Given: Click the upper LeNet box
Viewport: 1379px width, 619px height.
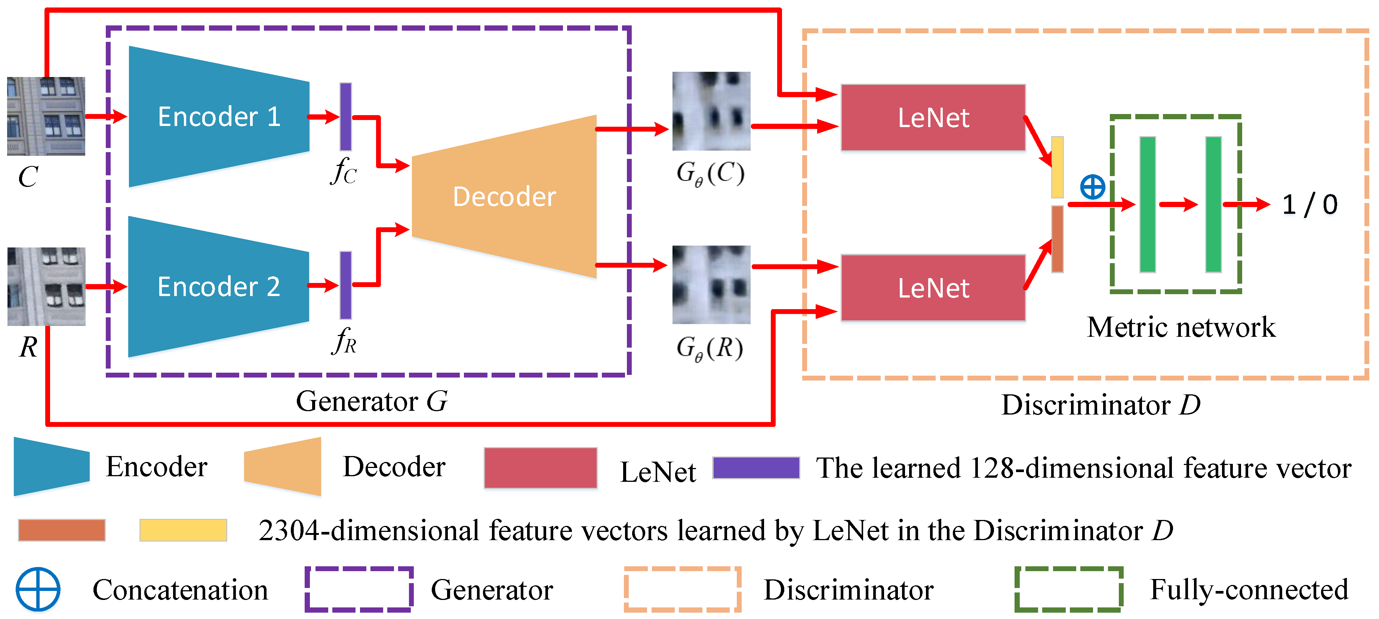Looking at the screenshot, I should coord(933,118).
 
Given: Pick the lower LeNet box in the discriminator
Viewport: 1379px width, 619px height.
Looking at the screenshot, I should coord(933,288).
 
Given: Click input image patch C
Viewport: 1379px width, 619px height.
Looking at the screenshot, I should coord(46,116).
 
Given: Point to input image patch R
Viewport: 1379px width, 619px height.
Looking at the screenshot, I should coord(46,286).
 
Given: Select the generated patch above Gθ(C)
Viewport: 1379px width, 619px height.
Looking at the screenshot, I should coord(711,111).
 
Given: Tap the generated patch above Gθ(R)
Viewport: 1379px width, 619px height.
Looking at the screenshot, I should coord(711,284).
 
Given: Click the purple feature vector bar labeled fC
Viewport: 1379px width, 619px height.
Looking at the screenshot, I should coord(346,117).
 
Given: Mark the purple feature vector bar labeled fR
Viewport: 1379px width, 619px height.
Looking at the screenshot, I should coord(346,286).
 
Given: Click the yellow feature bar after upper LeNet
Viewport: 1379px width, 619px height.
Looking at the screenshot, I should coord(1057,167).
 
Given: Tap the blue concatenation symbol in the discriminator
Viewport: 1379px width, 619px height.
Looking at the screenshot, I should coord(1092,187).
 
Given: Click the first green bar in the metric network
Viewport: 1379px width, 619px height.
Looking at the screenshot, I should coord(1147,204).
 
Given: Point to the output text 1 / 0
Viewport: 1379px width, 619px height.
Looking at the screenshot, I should coord(1309,204).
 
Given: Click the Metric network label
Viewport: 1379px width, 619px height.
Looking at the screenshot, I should coord(1181,327).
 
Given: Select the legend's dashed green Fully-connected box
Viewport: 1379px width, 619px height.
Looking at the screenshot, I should coord(1068,589).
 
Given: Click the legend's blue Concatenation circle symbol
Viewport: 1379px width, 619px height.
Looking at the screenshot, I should coord(37,589).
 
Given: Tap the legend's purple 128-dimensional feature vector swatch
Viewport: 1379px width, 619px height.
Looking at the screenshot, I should coord(756,468).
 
